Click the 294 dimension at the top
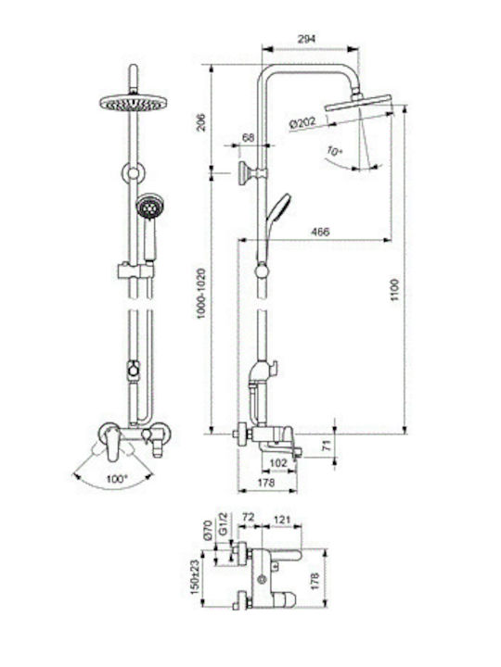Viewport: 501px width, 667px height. pos(306,39)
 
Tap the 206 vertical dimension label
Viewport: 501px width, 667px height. pos(201,122)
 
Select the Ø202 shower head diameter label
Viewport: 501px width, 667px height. pos(302,123)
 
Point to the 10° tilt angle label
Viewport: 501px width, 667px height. pos(335,151)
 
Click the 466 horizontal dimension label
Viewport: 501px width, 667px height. pos(320,232)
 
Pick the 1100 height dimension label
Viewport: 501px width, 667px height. pos(395,290)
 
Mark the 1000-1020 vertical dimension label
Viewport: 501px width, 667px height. pos(201,294)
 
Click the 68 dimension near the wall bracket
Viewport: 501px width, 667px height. pos(248,137)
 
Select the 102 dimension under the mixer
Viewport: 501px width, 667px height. pos(279,463)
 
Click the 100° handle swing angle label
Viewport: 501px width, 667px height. pos(116,479)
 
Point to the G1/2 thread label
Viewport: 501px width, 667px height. pos(224,524)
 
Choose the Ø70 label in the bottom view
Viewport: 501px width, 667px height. pos(208,530)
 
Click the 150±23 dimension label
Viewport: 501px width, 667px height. pos(195,576)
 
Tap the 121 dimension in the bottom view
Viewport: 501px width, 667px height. pos(282,520)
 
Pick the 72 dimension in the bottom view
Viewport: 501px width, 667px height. pos(249,517)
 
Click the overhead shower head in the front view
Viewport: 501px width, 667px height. pos(134,103)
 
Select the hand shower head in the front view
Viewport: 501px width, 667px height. pos(148,207)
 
